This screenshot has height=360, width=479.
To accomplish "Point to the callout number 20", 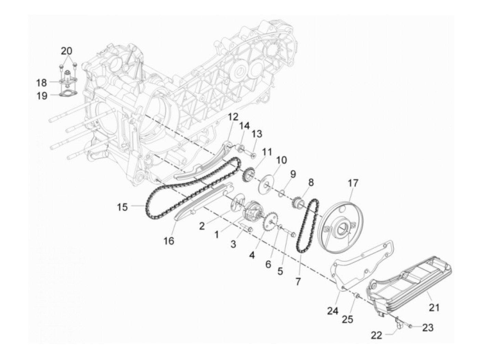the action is click(67, 51).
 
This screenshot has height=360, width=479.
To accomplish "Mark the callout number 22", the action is click(377, 336).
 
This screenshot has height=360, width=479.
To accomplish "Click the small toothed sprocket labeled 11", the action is click(248, 175).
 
